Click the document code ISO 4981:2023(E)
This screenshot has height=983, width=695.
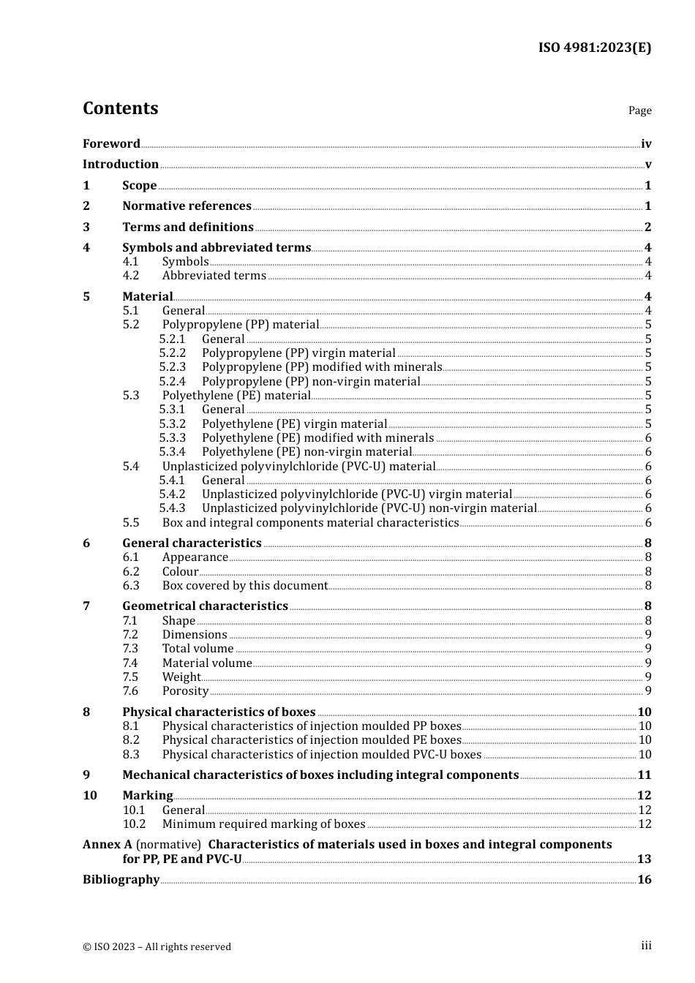click(594, 48)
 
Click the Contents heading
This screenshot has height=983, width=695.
click(120, 108)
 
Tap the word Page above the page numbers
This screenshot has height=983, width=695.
click(639, 110)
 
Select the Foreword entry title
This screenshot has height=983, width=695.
click(111, 144)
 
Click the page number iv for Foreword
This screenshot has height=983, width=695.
click(645, 144)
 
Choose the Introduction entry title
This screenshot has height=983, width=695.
click(120, 165)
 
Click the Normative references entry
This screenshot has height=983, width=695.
click(187, 206)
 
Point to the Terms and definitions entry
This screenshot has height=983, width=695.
click(187, 227)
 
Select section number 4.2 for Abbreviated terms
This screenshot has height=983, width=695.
click(130, 276)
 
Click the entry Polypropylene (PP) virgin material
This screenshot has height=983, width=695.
click(298, 353)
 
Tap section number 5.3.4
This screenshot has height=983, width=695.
click(172, 452)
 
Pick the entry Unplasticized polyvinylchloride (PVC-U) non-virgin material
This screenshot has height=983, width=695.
click(369, 508)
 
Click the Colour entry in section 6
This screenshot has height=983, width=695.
click(180, 572)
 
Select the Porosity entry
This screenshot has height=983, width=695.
click(185, 691)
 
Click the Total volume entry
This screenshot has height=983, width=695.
click(198, 649)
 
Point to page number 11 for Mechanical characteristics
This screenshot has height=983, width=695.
click(644, 775)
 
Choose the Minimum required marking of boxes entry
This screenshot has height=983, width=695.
click(263, 824)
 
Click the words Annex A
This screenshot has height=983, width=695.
click(107, 845)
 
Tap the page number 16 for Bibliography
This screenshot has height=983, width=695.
click(644, 880)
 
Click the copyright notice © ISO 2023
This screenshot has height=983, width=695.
click(157, 946)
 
